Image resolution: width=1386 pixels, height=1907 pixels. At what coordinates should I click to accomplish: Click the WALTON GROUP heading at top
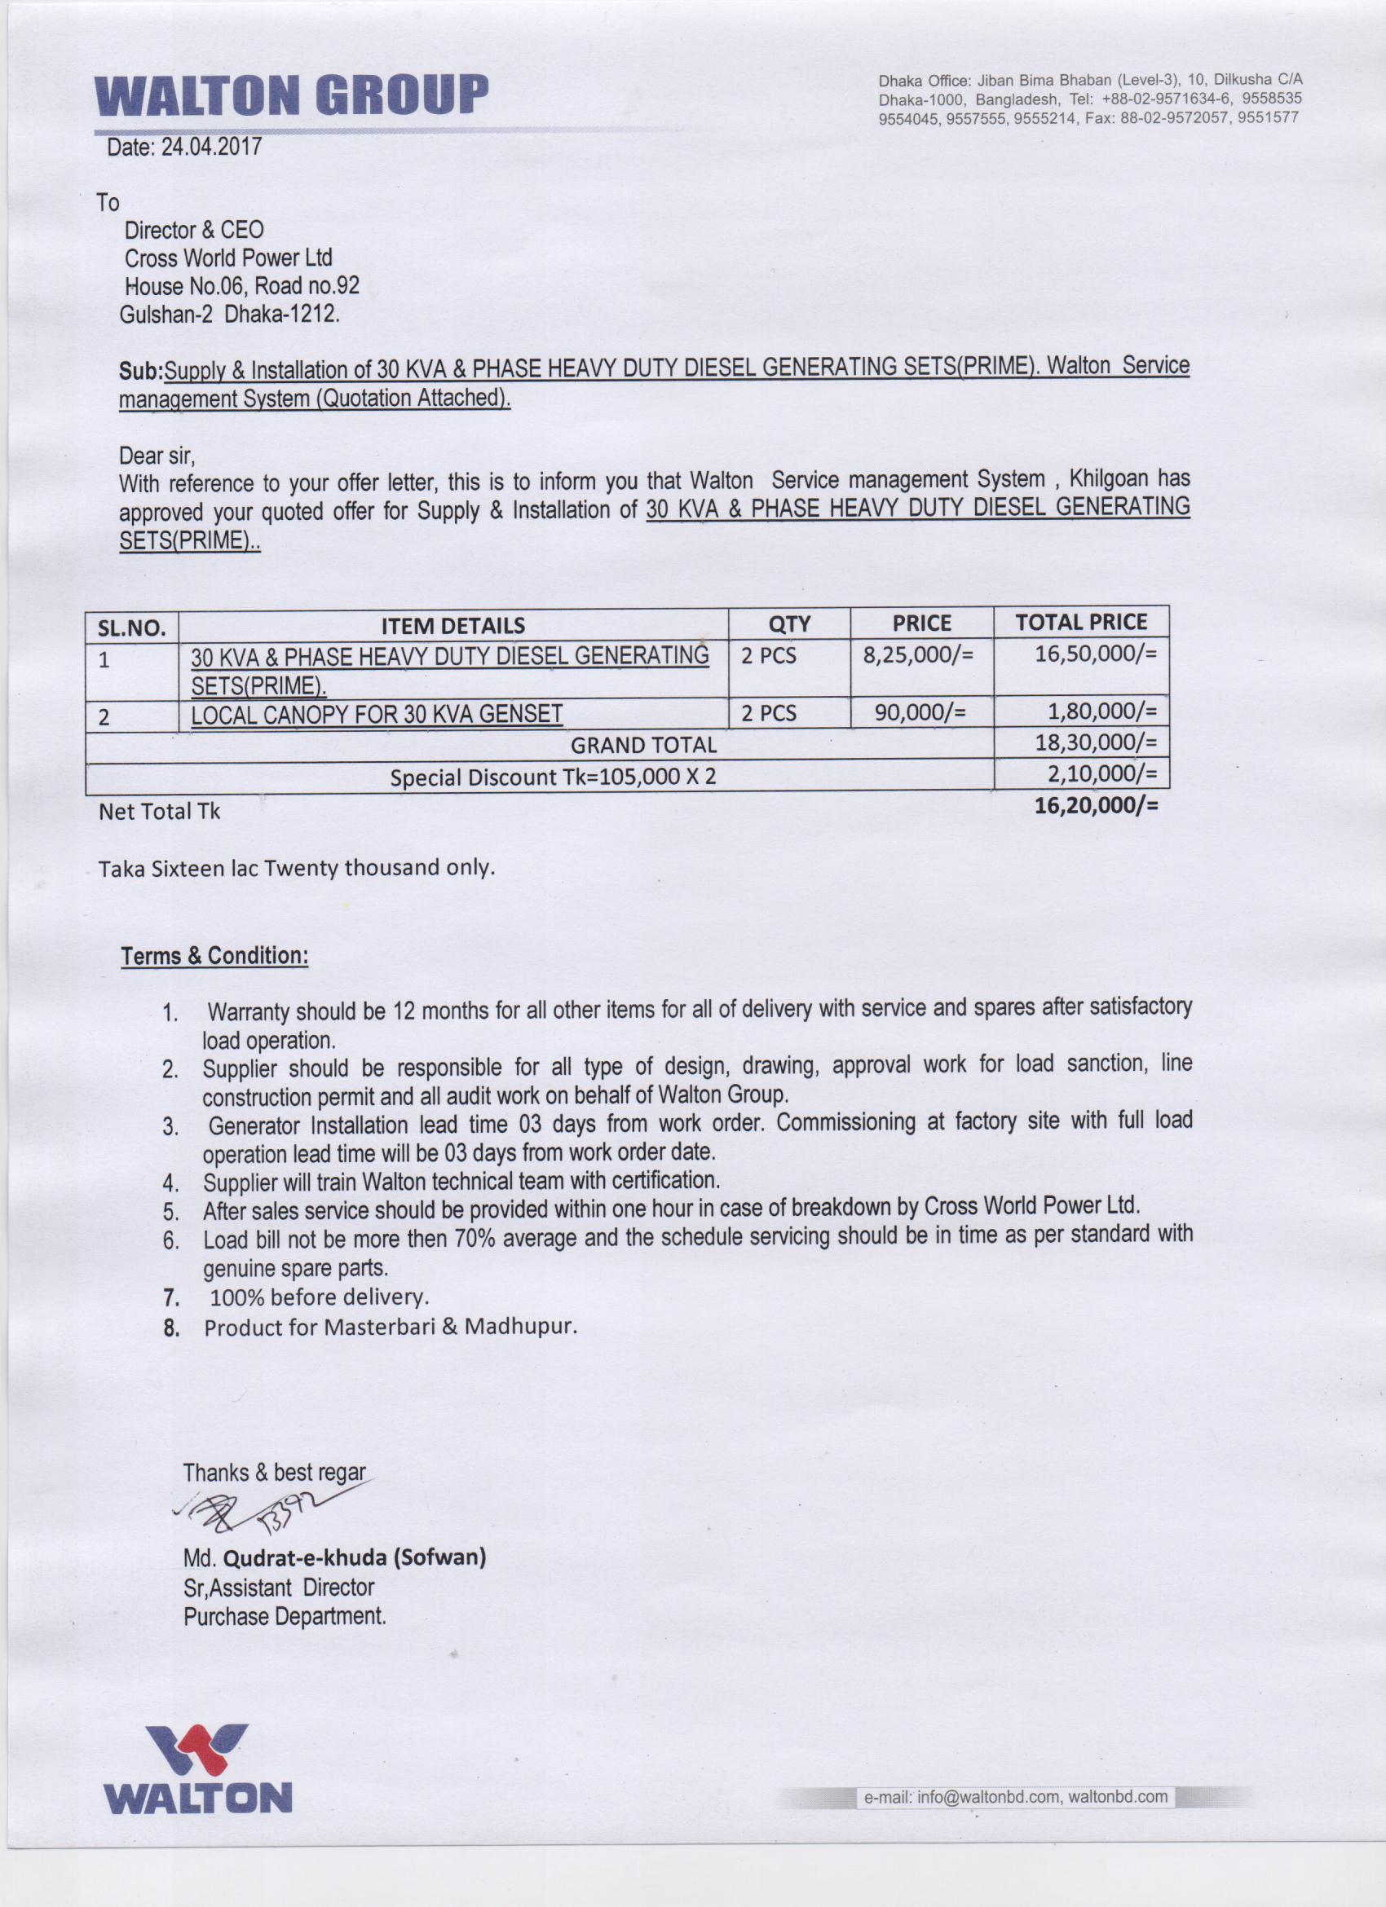(292, 95)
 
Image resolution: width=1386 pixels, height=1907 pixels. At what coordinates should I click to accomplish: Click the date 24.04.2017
(211, 148)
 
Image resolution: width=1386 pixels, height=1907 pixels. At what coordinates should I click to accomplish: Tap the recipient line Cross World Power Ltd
(228, 258)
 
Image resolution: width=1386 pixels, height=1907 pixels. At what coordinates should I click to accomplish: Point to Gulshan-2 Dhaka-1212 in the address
(230, 315)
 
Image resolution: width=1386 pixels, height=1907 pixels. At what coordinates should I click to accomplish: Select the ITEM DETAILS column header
(452, 626)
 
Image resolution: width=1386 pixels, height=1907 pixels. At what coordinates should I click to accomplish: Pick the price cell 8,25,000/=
(917, 654)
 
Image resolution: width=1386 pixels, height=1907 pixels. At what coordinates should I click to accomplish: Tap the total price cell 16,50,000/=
(1096, 654)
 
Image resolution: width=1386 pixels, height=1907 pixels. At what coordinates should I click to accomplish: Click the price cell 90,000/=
(920, 713)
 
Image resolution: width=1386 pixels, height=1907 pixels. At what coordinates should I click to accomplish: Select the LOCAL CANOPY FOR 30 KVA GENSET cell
(377, 714)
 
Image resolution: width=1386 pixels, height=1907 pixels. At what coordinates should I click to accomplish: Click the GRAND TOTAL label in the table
(643, 745)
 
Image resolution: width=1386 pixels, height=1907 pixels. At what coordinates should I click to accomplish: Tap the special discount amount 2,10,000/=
(1101, 773)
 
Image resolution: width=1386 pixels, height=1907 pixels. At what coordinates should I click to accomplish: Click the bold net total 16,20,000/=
(1096, 804)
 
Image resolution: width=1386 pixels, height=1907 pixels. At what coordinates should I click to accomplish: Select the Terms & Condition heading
(214, 956)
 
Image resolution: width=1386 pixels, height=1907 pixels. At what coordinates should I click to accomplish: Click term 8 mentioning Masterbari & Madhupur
(391, 1327)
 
